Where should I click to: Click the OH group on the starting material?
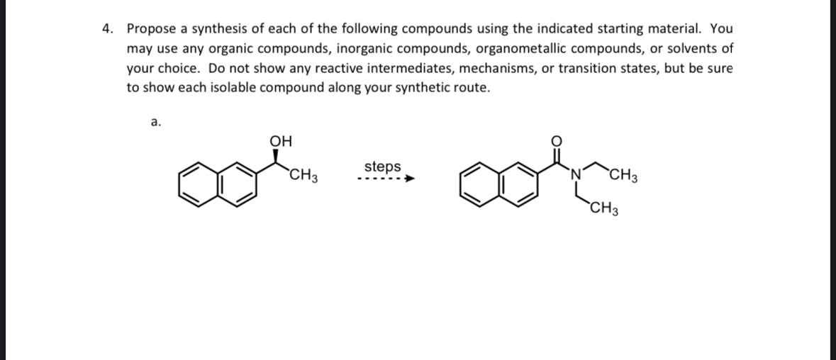pyautogui.click(x=281, y=141)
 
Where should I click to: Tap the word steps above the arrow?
pyautogui.click(x=382, y=167)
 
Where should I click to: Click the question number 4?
pyautogui.click(x=107, y=30)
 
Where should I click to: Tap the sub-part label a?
pyautogui.click(x=156, y=122)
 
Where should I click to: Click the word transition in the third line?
pyautogui.click(x=589, y=69)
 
